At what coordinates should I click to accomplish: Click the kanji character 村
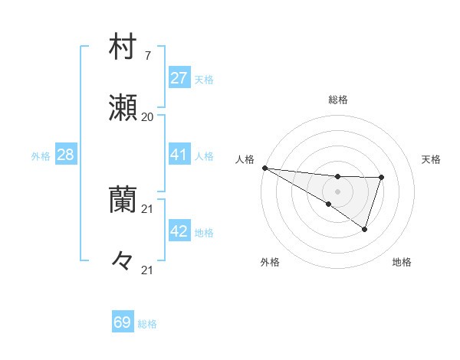pos(123,47)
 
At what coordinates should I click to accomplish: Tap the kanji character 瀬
pos(123,108)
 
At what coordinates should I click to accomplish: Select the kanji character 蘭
pos(123,200)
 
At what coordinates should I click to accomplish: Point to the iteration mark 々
pos(123,261)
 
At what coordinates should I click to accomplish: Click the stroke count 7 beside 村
pos(147,56)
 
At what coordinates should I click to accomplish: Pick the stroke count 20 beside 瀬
pos(147,117)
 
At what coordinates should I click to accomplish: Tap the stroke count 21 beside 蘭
pos(147,209)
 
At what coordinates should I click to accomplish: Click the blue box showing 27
pos(179,78)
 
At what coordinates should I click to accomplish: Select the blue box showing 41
pos(179,155)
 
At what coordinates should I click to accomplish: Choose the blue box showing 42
pos(179,232)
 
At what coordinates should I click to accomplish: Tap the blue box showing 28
pos(65,155)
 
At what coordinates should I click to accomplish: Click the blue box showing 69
pos(123,322)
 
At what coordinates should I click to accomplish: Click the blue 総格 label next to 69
pos(147,324)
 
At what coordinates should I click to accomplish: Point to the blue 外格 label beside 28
pos(41,156)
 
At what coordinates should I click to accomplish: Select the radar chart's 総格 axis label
pos(338,100)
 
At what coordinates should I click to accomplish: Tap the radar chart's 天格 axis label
pos(432,159)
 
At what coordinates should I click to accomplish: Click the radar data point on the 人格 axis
pos(264,167)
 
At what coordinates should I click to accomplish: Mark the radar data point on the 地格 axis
pos(365,229)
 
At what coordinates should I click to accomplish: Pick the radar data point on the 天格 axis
pos(382,178)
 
